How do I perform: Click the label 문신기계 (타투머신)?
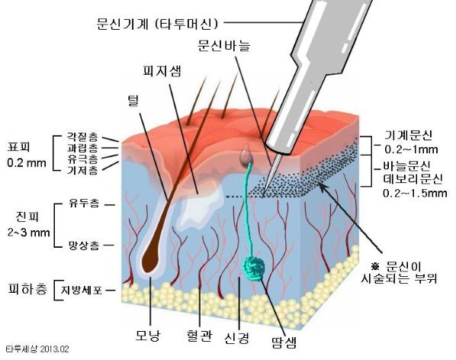[x=157, y=24]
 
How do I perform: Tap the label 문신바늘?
[x=223, y=45]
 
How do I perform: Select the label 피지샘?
[x=162, y=71]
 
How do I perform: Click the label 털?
[x=133, y=101]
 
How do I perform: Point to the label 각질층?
[x=82, y=136]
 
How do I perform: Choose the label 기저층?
[x=82, y=170]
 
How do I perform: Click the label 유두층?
[x=84, y=204]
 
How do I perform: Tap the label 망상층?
[x=84, y=246]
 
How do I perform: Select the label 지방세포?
[x=82, y=290]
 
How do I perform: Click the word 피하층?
[x=27, y=289]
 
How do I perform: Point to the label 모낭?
[x=147, y=336]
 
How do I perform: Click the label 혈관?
[x=198, y=336]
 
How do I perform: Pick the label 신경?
[x=237, y=338]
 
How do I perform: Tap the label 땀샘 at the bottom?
[x=284, y=342]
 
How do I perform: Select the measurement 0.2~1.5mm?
[x=415, y=193]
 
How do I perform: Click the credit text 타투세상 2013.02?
[x=37, y=349]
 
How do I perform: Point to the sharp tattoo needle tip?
[x=262, y=198]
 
